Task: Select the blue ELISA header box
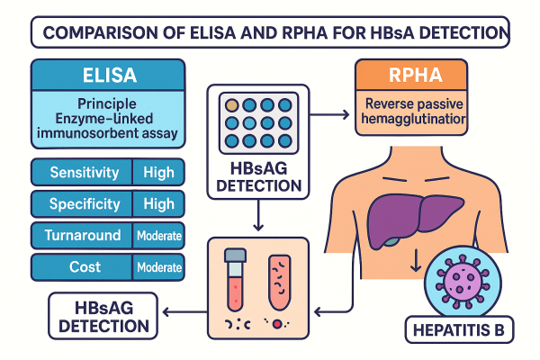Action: [107, 73]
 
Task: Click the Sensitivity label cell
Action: [82, 171]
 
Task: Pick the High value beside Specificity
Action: [158, 203]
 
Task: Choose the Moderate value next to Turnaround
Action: [158, 236]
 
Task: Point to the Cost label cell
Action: [82, 267]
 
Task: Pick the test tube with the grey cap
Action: [236, 280]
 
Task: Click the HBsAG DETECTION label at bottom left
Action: [99, 313]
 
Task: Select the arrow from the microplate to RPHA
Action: [330, 114]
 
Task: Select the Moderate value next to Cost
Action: [158, 267]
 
